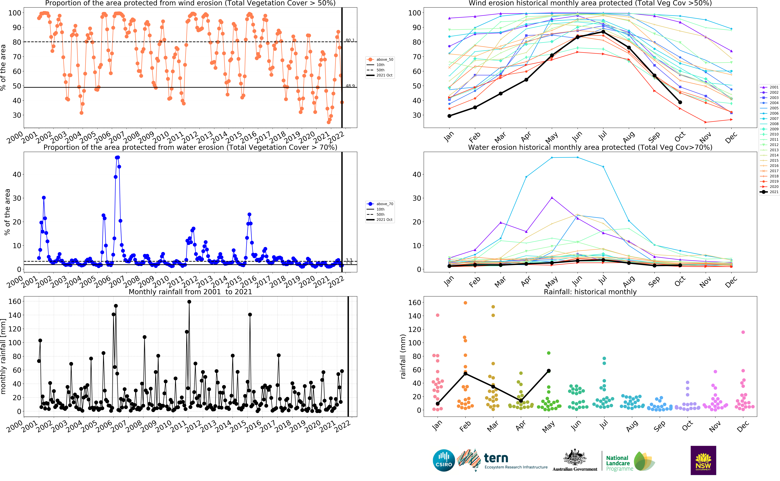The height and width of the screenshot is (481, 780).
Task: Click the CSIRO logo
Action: click(444, 460)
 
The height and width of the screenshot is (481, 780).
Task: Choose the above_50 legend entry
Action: click(380, 59)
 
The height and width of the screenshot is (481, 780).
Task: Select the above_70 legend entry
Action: click(380, 204)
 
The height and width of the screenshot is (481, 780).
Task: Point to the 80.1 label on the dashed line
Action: click(350, 40)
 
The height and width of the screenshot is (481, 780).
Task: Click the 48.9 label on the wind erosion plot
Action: click(350, 86)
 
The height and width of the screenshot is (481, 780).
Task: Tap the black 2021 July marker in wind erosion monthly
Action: click(603, 32)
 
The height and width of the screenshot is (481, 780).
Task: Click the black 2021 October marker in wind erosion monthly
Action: click(680, 102)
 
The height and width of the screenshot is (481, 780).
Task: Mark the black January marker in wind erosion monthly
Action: click(449, 116)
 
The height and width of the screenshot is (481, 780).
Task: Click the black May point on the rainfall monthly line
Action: click(549, 371)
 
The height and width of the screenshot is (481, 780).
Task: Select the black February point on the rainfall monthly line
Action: click(465, 373)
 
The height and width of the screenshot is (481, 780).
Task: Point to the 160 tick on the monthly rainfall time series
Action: click(15, 301)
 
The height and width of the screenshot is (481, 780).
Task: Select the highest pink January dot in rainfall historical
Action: click(438, 315)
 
